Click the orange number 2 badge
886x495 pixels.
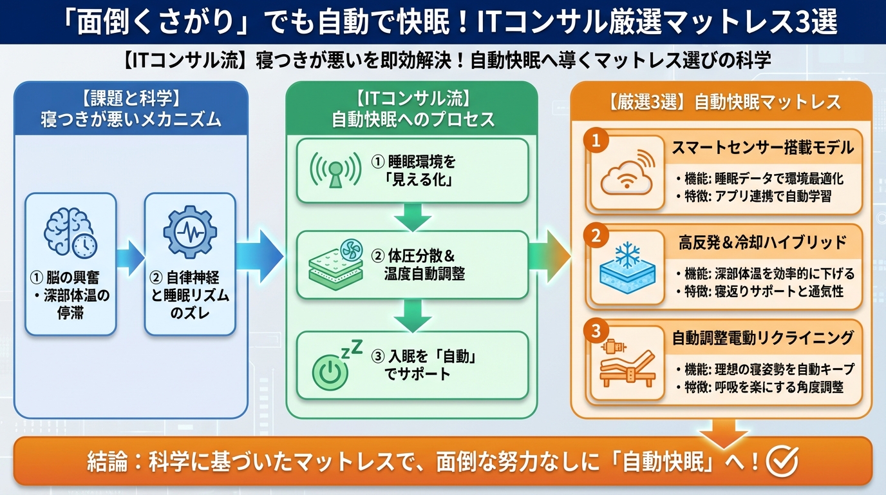596,236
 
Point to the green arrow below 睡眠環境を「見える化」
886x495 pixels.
412,217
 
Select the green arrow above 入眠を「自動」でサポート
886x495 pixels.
412,314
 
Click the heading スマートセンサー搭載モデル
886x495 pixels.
762,148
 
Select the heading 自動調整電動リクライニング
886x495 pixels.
762,337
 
